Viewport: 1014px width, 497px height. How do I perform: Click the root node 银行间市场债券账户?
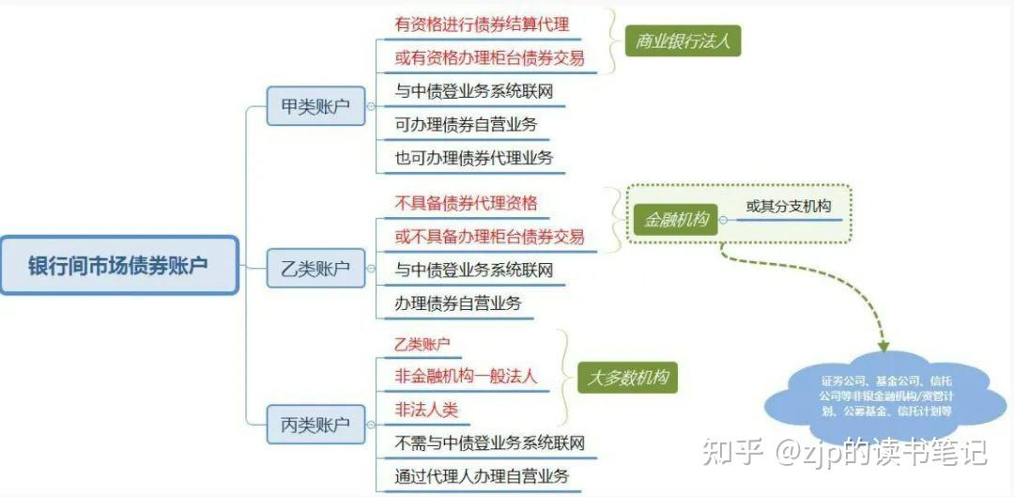point(118,265)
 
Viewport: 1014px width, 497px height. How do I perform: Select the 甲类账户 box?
point(315,106)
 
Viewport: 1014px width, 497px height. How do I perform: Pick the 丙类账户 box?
point(315,425)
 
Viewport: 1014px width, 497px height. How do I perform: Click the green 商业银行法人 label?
point(683,40)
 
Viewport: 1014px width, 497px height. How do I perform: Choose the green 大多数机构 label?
point(626,378)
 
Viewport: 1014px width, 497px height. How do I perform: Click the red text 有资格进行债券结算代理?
point(482,23)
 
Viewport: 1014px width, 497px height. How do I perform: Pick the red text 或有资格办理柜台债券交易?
point(489,57)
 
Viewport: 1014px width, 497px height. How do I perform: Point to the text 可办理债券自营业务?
point(466,124)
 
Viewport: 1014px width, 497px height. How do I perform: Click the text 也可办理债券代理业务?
point(474,158)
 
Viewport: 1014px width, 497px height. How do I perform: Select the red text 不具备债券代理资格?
point(466,202)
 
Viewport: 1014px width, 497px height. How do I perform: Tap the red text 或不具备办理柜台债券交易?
point(489,236)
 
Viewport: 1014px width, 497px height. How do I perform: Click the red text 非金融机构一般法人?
point(466,377)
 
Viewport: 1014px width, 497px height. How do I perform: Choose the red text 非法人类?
point(426,410)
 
